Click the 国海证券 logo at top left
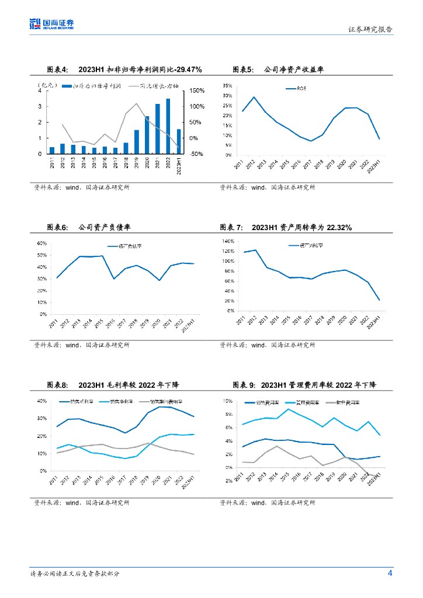click(53, 24)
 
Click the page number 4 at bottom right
click(390, 573)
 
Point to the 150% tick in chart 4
click(196, 91)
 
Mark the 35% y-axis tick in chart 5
click(228, 85)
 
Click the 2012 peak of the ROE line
click(254, 97)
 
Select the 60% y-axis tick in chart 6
click(43, 243)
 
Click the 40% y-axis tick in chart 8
click(41, 401)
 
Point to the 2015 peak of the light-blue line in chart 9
click(287, 409)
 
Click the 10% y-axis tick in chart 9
click(229, 401)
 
